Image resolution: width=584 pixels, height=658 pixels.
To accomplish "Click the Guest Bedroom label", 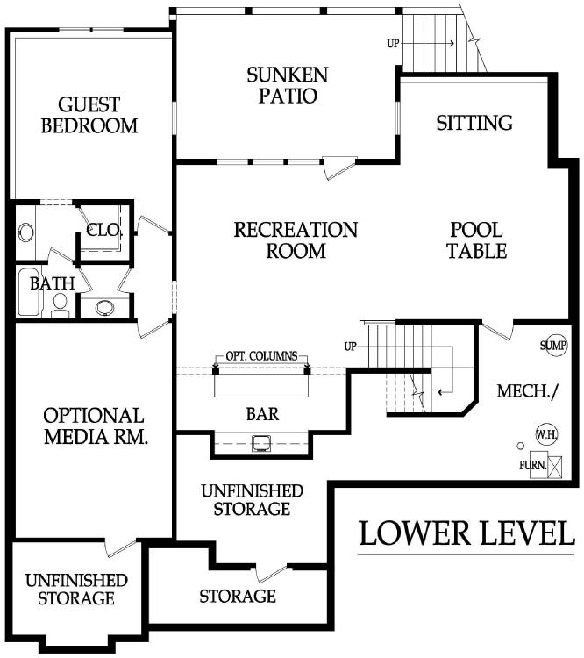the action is tap(89, 115).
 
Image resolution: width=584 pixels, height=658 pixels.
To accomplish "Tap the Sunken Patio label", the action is tap(288, 85).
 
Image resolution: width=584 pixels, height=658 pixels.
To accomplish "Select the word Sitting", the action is tap(474, 123).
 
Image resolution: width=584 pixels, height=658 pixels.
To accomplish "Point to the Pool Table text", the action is tap(477, 240).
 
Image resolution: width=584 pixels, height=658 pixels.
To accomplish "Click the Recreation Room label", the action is tap(296, 240).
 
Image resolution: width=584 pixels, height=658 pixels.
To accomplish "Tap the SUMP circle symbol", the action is tap(553, 346).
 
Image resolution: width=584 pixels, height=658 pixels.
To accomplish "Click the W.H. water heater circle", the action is tap(546, 434).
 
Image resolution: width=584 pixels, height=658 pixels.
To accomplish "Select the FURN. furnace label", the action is tap(533, 465).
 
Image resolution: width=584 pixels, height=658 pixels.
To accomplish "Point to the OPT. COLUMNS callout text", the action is tap(261, 356).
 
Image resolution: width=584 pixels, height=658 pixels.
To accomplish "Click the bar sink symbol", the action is tap(261, 443).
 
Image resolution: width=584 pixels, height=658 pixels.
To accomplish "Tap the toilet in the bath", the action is tap(61, 305).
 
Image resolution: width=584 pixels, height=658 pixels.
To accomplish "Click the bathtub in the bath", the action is tap(29, 292).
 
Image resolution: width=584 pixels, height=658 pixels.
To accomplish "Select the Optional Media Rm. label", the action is tap(96, 426).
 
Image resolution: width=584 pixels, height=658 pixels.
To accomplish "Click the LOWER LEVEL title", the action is tap(466, 533).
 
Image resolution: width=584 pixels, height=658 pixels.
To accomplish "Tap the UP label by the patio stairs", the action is tap(393, 43).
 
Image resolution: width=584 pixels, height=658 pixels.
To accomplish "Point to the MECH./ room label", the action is tap(528, 391).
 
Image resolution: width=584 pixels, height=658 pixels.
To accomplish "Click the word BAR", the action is tap(263, 414).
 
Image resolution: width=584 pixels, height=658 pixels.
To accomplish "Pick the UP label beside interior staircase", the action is tap(351, 347).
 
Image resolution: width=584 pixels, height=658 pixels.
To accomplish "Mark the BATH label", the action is tap(52, 283).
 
